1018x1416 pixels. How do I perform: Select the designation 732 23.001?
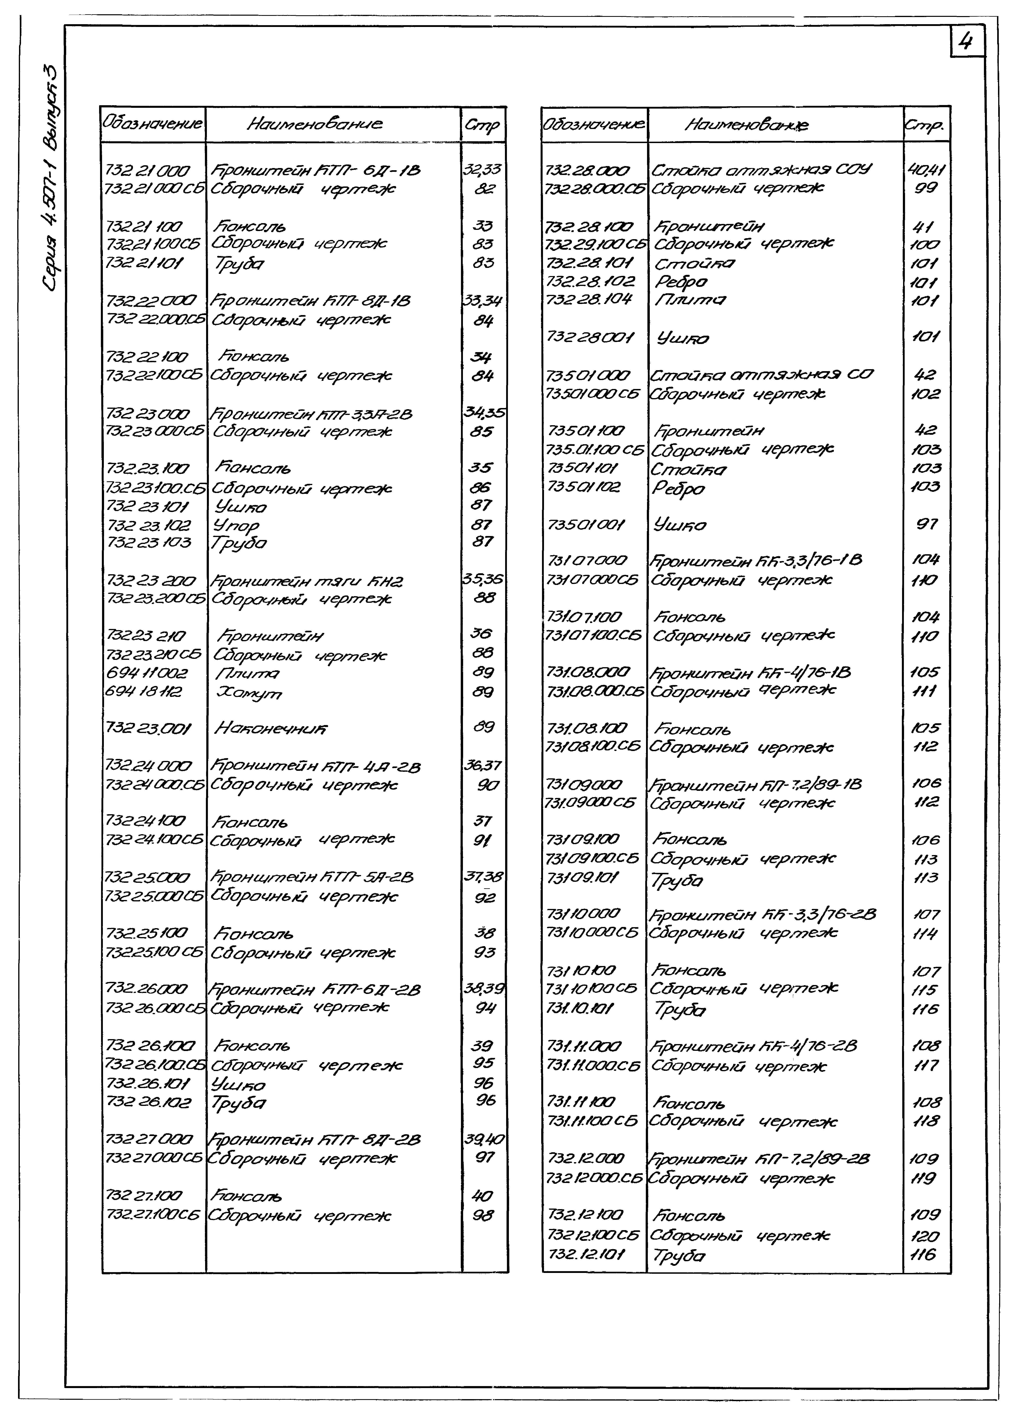click(148, 728)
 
